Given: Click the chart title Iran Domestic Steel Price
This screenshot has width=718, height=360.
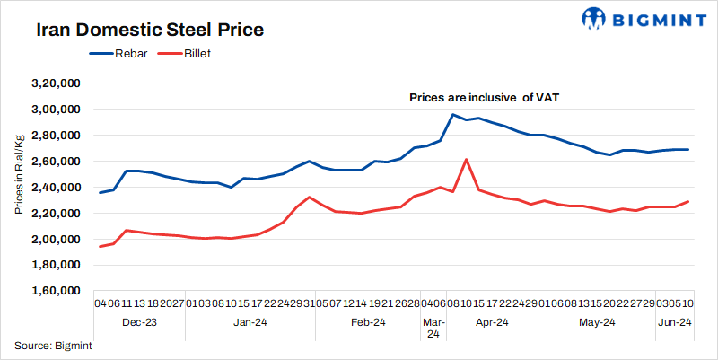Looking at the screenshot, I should pyautogui.click(x=150, y=31).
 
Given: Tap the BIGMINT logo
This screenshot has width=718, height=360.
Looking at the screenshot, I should pyautogui.click(x=633, y=18).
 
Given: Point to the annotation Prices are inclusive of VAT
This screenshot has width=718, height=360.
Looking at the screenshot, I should pyautogui.click(x=485, y=97).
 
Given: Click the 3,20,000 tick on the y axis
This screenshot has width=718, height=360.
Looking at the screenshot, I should pyautogui.click(x=57, y=83).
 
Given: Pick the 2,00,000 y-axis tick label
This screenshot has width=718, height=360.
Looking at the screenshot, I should pyautogui.click(x=57, y=240).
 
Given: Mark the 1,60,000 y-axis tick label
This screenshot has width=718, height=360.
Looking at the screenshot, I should pyautogui.click(x=57, y=292).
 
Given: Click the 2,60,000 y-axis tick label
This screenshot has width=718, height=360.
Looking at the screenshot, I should pyautogui.click(x=57, y=162).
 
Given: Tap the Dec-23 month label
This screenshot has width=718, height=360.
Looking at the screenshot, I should pyautogui.click(x=138, y=321).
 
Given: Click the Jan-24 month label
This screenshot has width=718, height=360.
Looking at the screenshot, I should pyautogui.click(x=250, y=321).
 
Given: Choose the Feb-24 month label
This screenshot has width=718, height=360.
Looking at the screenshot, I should pyautogui.click(x=368, y=321).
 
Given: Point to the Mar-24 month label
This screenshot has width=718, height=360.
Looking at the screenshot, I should pyautogui.click(x=433, y=328).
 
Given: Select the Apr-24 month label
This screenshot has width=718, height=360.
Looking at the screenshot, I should pyautogui.click(x=491, y=321).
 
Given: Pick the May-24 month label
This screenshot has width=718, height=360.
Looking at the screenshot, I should pyautogui.click(x=596, y=321).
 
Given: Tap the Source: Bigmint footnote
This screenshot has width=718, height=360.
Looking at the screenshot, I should pyautogui.click(x=53, y=346).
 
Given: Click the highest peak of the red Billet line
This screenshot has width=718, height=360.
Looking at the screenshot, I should pyautogui.click(x=466, y=159).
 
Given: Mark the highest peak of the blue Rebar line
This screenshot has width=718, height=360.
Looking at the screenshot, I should pyautogui.click(x=453, y=114).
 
